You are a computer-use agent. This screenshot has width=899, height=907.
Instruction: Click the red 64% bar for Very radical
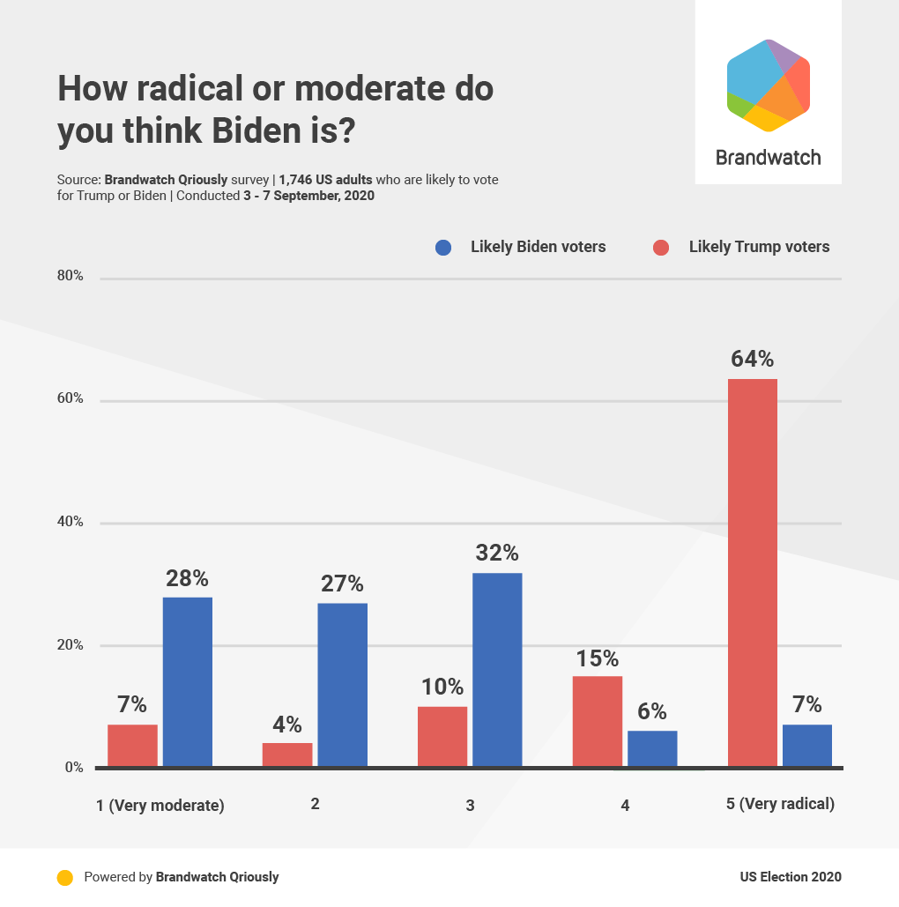click(752, 573)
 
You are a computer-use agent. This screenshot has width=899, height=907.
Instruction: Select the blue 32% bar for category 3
click(497, 670)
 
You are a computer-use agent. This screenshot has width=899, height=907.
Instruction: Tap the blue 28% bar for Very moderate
click(187, 681)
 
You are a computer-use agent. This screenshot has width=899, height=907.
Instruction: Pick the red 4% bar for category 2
click(287, 755)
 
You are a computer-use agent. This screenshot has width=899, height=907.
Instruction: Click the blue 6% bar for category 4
click(652, 749)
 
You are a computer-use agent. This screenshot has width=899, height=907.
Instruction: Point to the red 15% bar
click(598, 721)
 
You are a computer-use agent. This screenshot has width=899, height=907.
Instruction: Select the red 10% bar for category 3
click(442, 737)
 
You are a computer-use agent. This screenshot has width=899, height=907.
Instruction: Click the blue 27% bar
click(342, 685)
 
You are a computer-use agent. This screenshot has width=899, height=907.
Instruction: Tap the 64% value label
click(752, 360)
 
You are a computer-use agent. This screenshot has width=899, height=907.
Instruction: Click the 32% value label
click(497, 554)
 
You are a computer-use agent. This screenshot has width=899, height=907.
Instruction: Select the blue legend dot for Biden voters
click(444, 248)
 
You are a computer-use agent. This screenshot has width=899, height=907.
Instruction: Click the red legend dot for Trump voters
click(662, 248)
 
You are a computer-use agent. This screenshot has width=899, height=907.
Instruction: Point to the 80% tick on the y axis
click(71, 276)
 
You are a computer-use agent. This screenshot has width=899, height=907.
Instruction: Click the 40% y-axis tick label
click(71, 522)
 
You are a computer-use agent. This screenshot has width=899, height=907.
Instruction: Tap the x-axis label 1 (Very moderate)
click(160, 805)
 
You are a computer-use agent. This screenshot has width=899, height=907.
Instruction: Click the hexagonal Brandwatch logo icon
click(768, 85)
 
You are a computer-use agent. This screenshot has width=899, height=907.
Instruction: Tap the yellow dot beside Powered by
click(64, 877)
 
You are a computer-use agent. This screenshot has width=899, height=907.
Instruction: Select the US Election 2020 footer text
click(791, 877)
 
